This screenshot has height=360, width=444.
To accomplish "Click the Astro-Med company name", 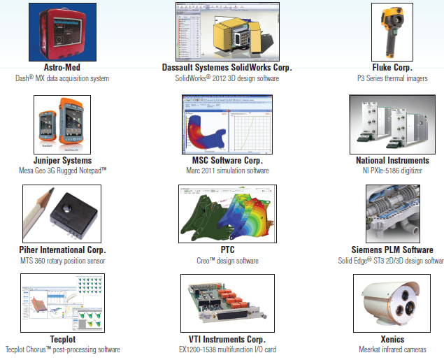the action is tap(65, 68).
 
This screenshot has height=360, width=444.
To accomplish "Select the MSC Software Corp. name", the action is tap(225, 160).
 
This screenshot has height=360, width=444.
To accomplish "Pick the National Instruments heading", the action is tap(392, 160).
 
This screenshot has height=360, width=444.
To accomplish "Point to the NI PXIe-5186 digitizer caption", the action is tap(392, 171).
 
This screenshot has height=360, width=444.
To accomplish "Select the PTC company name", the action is tap(225, 250).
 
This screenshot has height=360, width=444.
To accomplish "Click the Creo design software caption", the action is tap(225, 261).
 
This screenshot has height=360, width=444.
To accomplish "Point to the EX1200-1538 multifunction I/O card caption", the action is tap(225, 350).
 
